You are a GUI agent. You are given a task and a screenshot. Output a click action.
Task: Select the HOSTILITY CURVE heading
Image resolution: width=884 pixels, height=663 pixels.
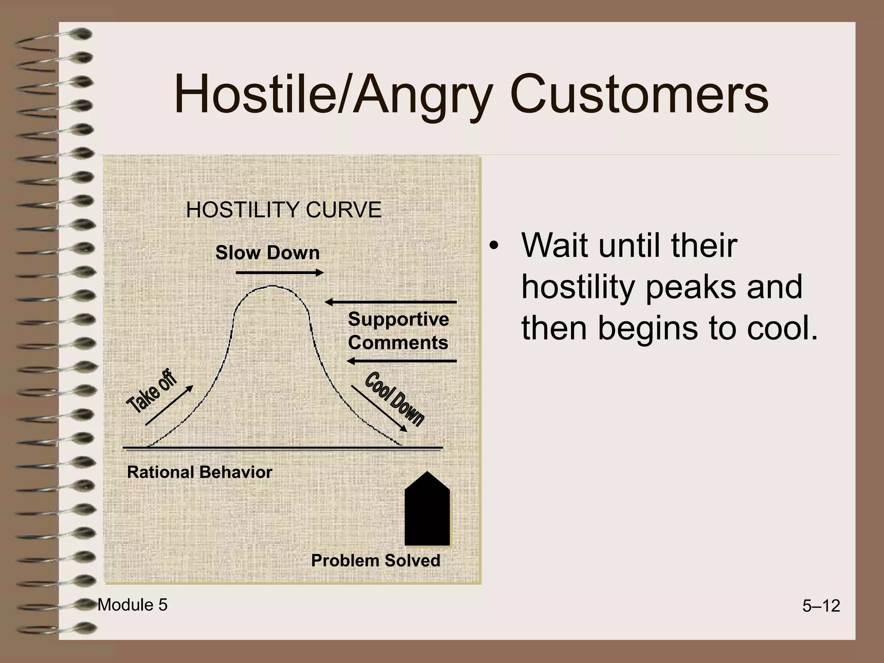click(x=284, y=210)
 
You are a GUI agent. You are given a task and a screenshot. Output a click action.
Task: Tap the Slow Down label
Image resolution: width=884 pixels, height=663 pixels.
click(x=267, y=253)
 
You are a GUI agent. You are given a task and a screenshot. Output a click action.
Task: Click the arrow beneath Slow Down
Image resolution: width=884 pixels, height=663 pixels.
click(x=280, y=272)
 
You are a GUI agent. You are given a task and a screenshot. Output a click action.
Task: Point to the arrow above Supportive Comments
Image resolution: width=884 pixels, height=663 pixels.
click(x=390, y=302)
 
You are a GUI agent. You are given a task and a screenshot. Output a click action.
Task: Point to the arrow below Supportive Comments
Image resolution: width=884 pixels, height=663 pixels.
click(x=401, y=361)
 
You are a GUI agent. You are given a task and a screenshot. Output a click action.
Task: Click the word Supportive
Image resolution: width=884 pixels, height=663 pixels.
click(x=398, y=319)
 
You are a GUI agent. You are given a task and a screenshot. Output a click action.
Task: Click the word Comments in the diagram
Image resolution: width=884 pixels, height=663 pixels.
click(x=398, y=343)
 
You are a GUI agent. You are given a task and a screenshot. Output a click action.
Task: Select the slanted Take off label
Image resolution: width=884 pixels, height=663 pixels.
click(x=151, y=391)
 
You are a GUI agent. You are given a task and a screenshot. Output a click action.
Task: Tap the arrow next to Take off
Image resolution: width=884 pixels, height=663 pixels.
click(x=169, y=405)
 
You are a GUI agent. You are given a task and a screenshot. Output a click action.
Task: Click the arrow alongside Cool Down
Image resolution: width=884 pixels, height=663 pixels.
click(x=379, y=408)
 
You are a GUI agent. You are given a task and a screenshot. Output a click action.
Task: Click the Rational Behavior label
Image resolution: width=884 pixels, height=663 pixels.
click(x=199, y=472)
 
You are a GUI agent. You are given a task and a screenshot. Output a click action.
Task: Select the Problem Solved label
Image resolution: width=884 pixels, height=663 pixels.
click(x=376, y=561)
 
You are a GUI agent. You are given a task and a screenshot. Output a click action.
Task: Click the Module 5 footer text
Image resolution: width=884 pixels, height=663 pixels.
click(x=133, y=605)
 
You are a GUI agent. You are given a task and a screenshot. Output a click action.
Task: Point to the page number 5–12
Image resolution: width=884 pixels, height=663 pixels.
click(x=821, y=606)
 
